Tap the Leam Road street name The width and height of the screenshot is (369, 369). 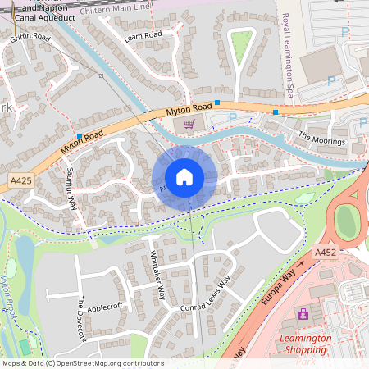click(x=143, y=34)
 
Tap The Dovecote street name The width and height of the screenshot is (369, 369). click(x=81, y=318)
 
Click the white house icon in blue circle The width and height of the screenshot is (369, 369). click(x=184, y=177)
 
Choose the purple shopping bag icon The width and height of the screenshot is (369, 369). click(x=303, y=314)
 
